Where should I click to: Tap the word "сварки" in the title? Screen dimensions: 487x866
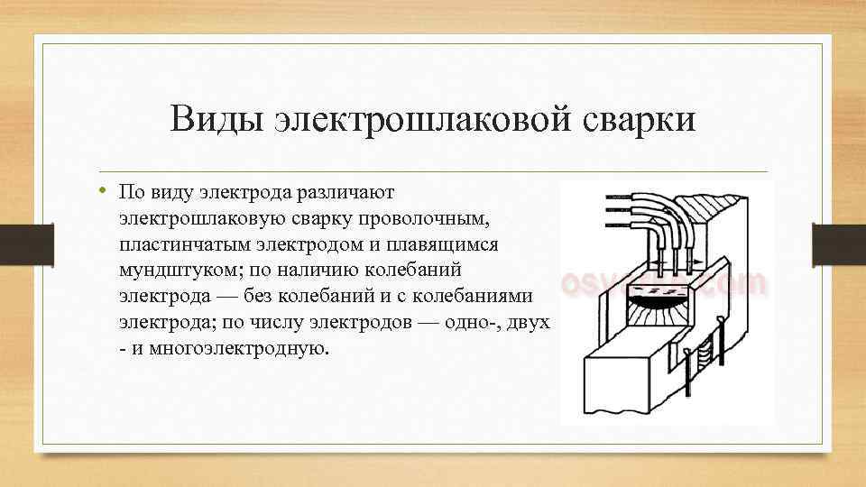(639, 118)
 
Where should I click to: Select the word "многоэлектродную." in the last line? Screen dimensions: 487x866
(235, 347)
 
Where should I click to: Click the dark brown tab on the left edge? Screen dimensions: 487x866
(14, 243)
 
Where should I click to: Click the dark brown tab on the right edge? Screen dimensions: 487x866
(839, 243)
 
